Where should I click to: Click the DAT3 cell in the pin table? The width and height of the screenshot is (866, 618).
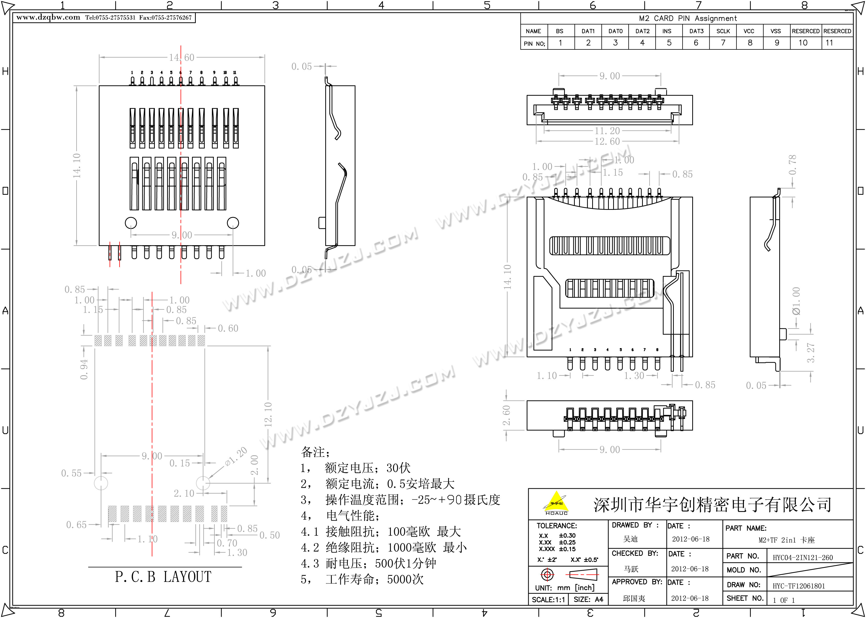[x=696, y=31]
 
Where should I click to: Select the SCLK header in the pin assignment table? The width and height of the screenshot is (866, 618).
[x=723, y=31]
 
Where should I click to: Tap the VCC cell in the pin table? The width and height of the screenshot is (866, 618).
[x=749, y=31]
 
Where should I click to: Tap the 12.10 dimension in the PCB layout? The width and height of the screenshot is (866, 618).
[x=268, y=414]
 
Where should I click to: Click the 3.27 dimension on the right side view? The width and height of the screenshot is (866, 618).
[x=810, y=352]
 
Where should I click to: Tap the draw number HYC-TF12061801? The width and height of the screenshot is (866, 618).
[x=799, y=586]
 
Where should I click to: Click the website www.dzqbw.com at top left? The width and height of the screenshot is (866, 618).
[x=48, y=17]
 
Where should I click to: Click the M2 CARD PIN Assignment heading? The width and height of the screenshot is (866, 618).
[x=688, y=18]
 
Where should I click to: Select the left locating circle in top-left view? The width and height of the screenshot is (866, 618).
[x=131, y=223]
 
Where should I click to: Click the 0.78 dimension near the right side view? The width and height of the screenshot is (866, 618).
[x=792, y=164]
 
